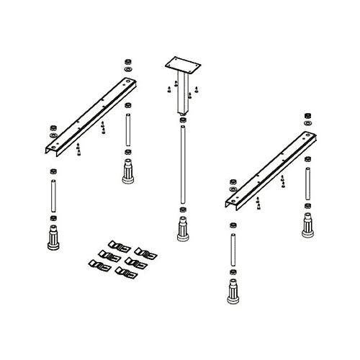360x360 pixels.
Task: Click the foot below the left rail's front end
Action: [x=53, y=238]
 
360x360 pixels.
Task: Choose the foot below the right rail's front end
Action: [x=233, y=292]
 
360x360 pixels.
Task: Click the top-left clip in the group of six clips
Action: [x=111, y=243]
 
